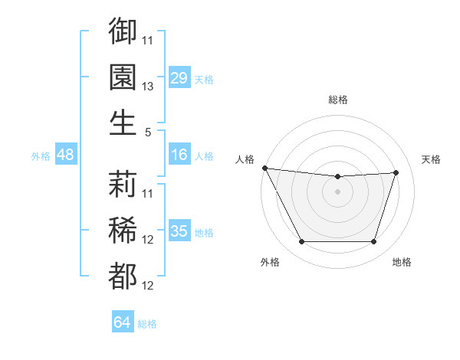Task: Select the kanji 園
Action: (x=123, y=77)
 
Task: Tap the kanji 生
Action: (x=123, y=123)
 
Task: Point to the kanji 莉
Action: (x=123, y=184)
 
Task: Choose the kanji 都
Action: (x=123, y=276)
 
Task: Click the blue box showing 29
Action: (x=179, y=78)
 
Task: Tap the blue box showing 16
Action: (x=179, y=155)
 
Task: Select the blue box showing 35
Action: (x=179, y=231)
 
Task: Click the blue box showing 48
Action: (x=65, y=155)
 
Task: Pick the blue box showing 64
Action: (x=123, y=322)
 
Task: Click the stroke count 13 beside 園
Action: (x=148, y=87)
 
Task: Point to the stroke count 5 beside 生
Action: (x=148, y=132)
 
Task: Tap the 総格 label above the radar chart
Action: (x=337, y=100)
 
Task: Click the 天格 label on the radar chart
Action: (x=432, y=159)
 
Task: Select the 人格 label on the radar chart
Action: (x=245, y=159)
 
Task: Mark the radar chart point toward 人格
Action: (x=264, y=168)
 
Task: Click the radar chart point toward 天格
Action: (x=396, y=172)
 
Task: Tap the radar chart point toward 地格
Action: (x=374, y=242)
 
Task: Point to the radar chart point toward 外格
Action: (x=301, y=242)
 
